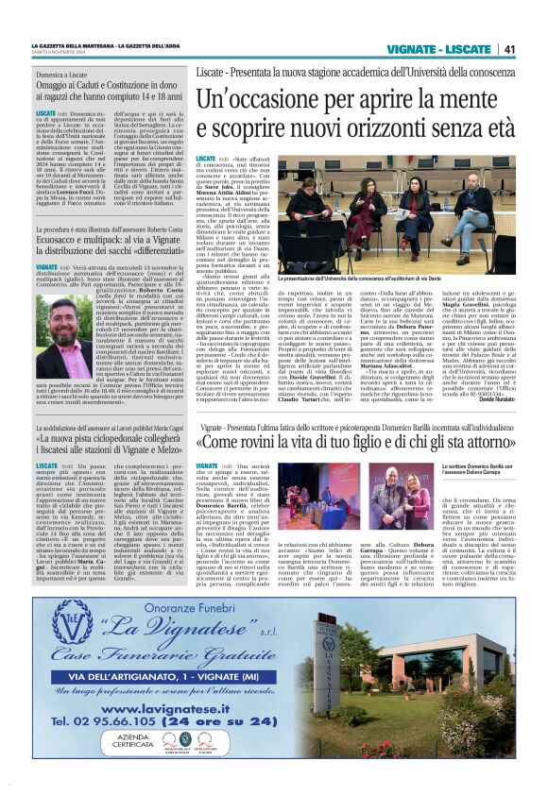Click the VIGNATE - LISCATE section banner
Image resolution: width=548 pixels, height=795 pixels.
[x=444, y=49]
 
